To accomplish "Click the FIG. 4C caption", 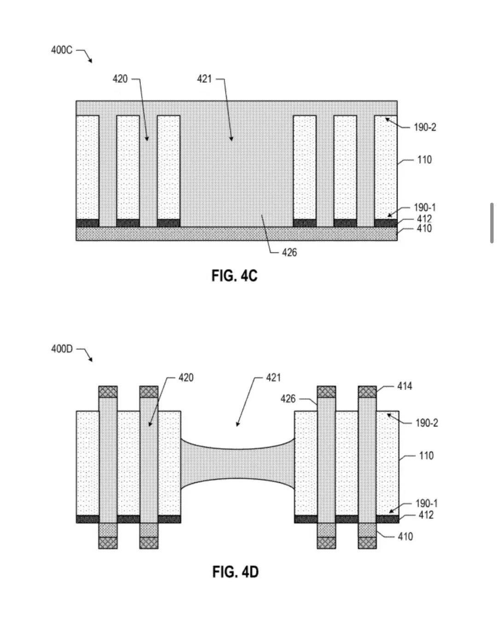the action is (x=235, y=276).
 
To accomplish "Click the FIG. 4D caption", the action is (x=235, y=572).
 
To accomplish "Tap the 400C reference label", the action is (x=62, y=50).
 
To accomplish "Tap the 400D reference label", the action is (x=62, y=349).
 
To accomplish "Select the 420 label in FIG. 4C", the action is (x=120, y=79).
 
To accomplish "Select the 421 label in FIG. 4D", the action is (x=273, y=378).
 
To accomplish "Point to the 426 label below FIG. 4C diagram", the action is (x=289, y=252).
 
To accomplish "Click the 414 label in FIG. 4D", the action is (x=405, y=386).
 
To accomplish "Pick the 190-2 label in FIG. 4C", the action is (x=425, y=127).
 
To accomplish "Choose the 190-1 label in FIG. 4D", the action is (x=427, y=503).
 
